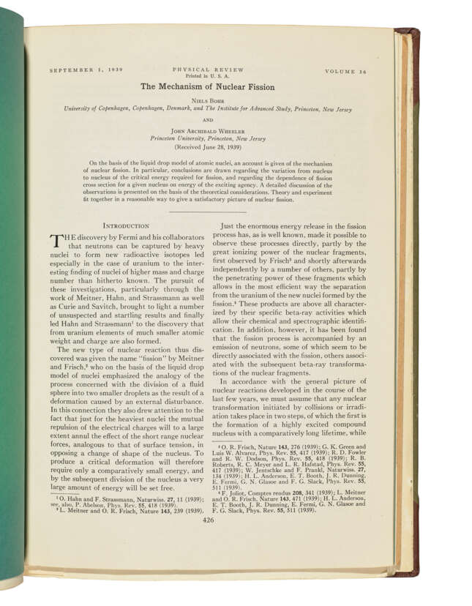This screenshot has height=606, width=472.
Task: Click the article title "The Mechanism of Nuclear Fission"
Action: click(208, 86)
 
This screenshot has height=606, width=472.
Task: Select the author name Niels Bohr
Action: click(208, 100)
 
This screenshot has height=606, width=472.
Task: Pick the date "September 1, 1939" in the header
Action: click(86, 70)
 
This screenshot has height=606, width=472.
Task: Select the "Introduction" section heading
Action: click(127, 227)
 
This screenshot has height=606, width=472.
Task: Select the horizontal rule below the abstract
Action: click(207, 212)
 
